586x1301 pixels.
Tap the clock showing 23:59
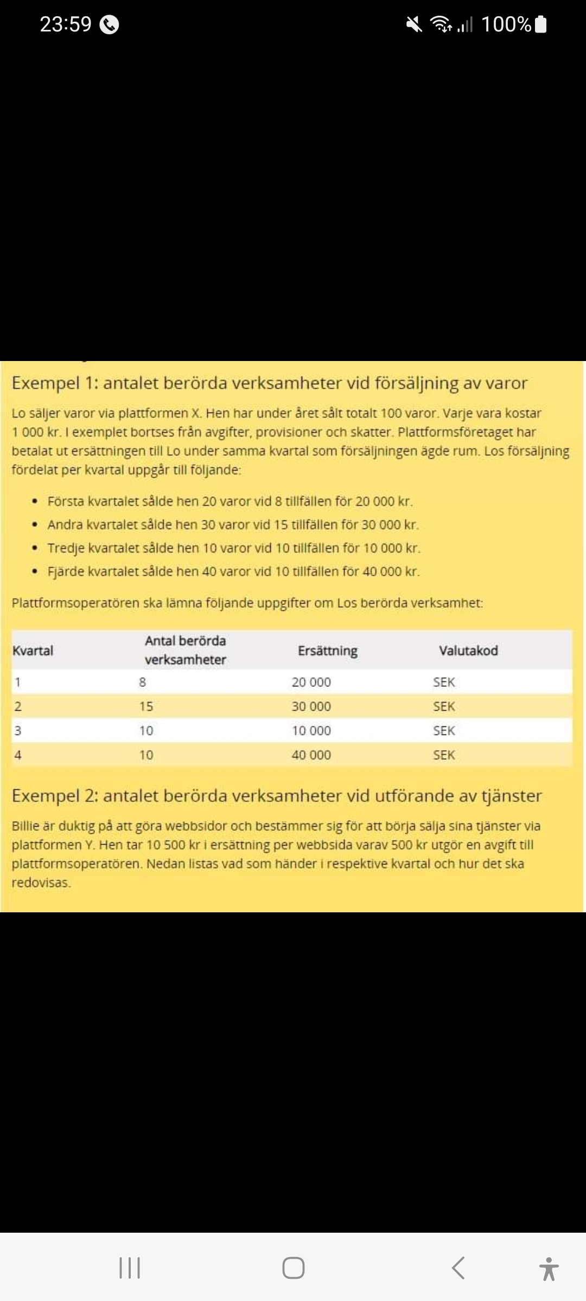[66, 24]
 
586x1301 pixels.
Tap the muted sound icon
[415, 24]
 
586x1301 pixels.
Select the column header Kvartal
[33, 650]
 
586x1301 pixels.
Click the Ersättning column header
[327, 650]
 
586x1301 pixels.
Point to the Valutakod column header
[468, 650]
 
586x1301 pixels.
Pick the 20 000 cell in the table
[311, 682]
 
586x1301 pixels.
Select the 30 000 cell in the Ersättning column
[311, 706]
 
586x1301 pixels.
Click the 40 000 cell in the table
[311, 755]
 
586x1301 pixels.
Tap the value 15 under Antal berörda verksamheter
[146, 706]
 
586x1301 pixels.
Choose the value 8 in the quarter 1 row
[142, 682]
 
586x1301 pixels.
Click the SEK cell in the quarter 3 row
[444, 731]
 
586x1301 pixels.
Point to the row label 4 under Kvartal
[18, 755]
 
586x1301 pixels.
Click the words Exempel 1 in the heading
[54, 383]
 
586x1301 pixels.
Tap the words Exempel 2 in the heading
[54, 796]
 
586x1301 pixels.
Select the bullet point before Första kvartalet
[35, 501]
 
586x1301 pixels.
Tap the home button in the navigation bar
[293, 1268]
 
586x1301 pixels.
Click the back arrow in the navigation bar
[458, 1268]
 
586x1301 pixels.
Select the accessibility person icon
[549, 1268]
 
